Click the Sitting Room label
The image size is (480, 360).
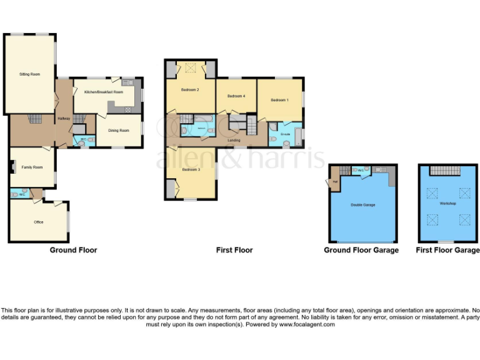29,74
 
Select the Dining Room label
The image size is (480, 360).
119,131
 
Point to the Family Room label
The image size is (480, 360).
32,167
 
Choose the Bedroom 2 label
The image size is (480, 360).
190,90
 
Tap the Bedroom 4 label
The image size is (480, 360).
236,96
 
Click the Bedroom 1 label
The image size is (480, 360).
279,100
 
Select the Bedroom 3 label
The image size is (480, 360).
191,169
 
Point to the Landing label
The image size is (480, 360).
234,140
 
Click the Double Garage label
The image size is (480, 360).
362,204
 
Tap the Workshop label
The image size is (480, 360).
447,204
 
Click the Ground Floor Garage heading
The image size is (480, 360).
361,250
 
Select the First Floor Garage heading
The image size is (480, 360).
447,250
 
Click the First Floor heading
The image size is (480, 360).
234,250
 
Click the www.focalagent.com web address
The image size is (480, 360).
306,324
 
